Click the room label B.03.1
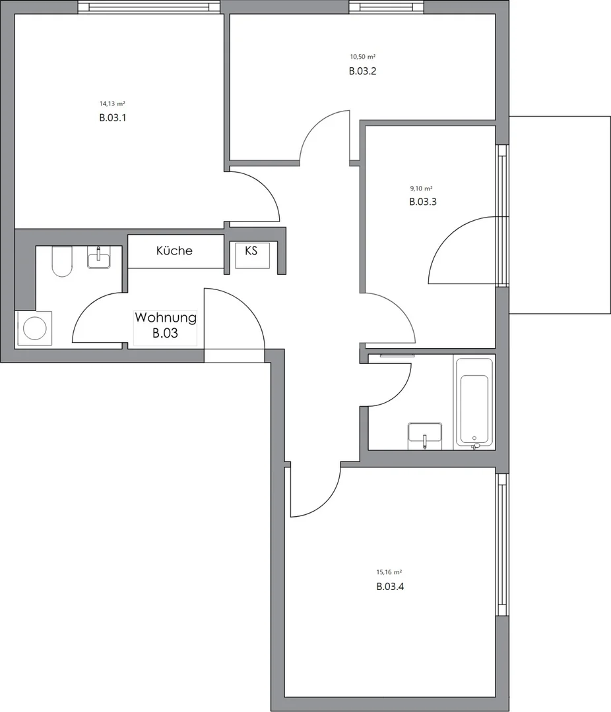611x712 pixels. [112, 117]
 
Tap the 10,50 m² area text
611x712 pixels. [363, 57]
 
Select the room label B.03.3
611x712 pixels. [423, 202]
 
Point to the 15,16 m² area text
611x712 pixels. [389, 572]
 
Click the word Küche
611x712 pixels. [174, 251]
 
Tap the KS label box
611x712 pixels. [251, 255]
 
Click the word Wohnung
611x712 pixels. [166, 317]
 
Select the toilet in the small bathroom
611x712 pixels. [62, 261]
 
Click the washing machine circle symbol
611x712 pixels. [34, 328]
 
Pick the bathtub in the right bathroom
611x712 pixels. [474, 401]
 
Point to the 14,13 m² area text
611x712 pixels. [112, 104]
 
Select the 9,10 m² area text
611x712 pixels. [422, 188]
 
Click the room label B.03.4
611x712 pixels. [390, 586]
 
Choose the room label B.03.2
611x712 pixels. [363, 71]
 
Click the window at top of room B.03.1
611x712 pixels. [148, 7]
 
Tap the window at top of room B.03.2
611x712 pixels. [388, 7]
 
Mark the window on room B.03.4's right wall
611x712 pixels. [502, 545]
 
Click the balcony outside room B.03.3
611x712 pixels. [560, 215]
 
